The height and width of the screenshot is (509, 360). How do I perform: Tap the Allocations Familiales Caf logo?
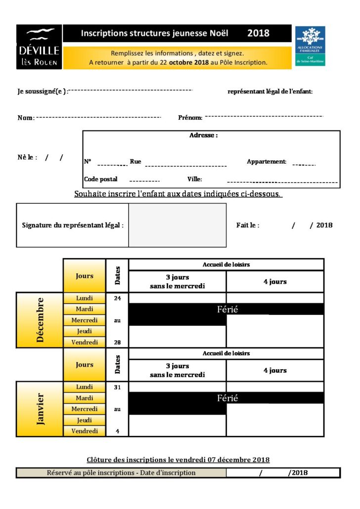coord(311,46)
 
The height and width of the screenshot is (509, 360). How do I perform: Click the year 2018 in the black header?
coord(258,34)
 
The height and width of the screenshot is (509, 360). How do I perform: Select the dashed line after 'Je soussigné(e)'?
coord(130,90)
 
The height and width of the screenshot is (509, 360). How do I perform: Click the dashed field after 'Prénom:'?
coord(264,117)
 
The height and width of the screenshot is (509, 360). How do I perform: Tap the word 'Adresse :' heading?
coord(203,135)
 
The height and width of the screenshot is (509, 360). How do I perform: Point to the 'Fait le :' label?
coord(248,225)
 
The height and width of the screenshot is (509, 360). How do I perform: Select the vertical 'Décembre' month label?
coord(40,320)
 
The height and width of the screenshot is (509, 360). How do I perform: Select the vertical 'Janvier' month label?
coord(40,409)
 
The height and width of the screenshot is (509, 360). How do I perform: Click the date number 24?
coord(117,298)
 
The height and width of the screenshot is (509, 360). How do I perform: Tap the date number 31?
coord(117,387)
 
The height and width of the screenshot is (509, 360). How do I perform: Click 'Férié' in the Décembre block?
coord(227,310)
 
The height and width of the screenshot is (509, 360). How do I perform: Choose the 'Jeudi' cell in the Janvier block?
coord(85,420)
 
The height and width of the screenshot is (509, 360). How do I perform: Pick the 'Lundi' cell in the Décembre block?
coord(85,298)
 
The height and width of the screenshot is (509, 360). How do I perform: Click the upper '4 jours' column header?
coord(275,282)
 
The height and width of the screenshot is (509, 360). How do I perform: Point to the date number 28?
coord(117,342)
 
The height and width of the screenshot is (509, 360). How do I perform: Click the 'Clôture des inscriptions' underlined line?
coord(178,460)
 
